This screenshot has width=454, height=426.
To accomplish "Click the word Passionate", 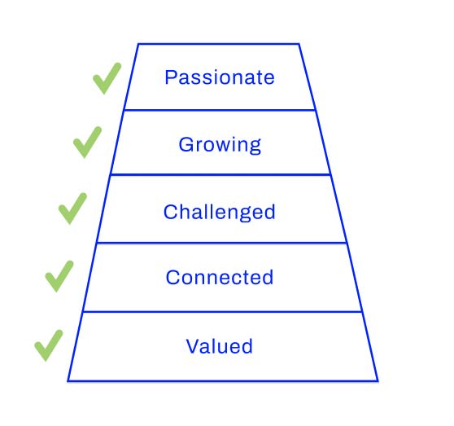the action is pyautogui.click(x=220, y=77).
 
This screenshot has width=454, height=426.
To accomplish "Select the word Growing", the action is pyautogui.click(x=220, y=145).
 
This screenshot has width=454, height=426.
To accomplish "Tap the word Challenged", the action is pyautogui.click(x=219, y=212).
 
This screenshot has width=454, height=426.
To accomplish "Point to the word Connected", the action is pyautogui.click(x=220, y=277).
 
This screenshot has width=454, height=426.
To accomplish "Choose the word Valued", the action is pyautogui.click(x=219, y=346).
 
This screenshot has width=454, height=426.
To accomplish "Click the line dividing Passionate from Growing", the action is pyautogui.click(x=220, y=110).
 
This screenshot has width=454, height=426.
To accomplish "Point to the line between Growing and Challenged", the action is pyautogui.click(x=220, y=175).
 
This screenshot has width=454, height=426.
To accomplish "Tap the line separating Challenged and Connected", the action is pyautogui.click(x=221, y=243).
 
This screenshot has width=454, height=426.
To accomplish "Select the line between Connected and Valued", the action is pyautogui.click(x=222, y=312).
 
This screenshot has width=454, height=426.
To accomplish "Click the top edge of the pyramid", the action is pyautogui.click(x=218, y=44).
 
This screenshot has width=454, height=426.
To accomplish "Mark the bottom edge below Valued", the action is pyautogui.click(x=223, y=380).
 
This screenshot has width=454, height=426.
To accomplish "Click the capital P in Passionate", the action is pyautogui.click(x=170, y=77).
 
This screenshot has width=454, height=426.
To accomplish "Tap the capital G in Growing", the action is pyautogui.click(x=186, y=144).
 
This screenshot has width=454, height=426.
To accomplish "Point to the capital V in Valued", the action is pyautogui.click(x=193, y=346).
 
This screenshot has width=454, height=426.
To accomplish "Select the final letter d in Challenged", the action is pyautogui.click(x=269, y=211).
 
